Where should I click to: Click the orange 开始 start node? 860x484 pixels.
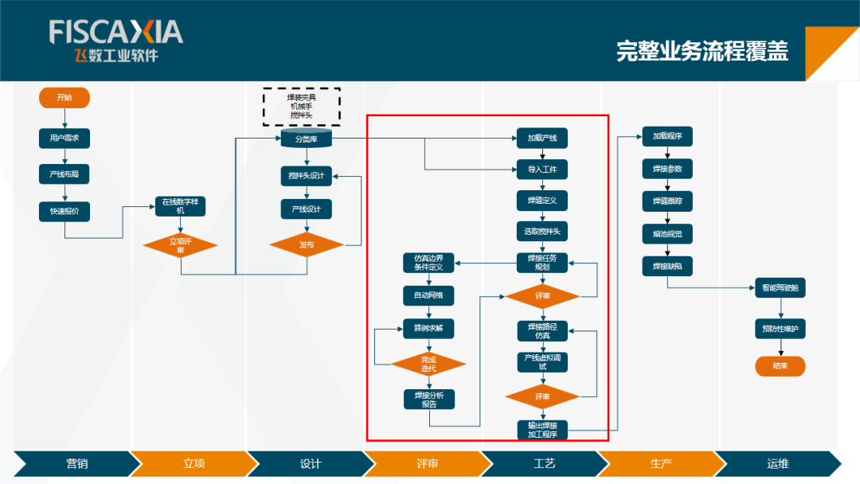(x=64, y=98)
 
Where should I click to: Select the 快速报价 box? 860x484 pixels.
(x=64, y=212)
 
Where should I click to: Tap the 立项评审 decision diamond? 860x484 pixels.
(x=181, y=245)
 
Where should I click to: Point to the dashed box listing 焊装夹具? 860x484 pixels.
(x=302, y=107)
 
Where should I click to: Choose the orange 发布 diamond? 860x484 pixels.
(x=307, y=245)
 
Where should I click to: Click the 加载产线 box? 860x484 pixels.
(x=542, y=139)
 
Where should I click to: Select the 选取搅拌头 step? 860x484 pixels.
(x=542, y=232)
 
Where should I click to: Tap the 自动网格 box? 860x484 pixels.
(x=428, y=295)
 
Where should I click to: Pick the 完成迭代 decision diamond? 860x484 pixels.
(x=428, y=364)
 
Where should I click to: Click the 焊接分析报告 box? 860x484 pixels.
(x=428, y=399)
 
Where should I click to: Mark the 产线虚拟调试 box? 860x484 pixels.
(x=542, y=362)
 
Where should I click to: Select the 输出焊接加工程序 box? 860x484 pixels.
(x=542, y=429)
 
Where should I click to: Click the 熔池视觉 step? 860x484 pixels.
(x=667, y=233)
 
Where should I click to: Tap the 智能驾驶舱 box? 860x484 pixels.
(x=780, y=288)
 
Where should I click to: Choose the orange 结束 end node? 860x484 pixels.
(x=780, y=366)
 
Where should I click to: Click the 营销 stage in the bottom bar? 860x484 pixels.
(x=72, y=463)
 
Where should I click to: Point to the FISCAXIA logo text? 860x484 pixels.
(x=116, y=33)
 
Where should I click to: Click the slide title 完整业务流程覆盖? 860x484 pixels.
(x=702, y=51)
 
